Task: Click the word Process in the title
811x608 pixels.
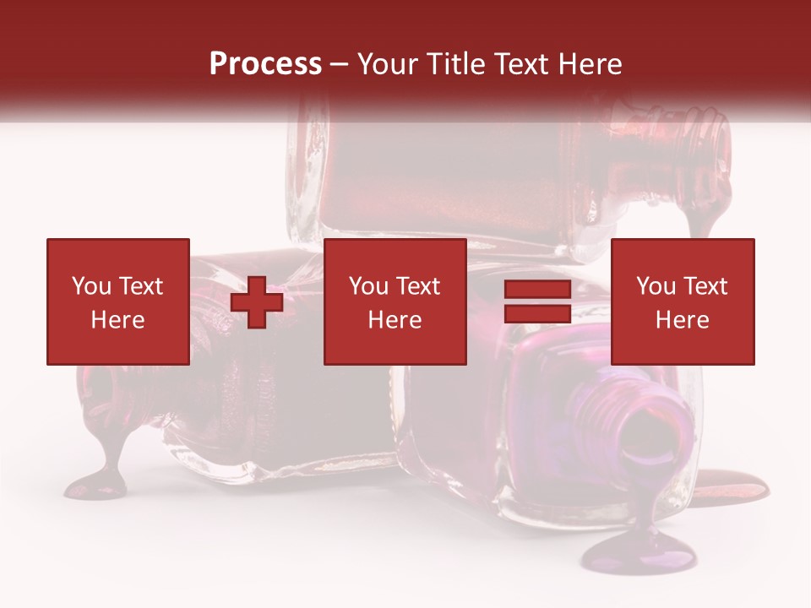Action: pos(265,64)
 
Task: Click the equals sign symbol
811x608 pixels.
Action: pos(537,302)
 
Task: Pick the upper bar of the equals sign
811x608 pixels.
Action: pos(537,290)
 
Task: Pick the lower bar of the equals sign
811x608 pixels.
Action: pos(537,314)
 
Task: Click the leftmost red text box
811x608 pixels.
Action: pos(117,301)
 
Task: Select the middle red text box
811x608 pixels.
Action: pos(395,301)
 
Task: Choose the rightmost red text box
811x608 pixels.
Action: pos(682,301)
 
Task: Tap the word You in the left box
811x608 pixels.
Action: pos(92,286)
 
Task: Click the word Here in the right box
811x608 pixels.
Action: pos(682,320)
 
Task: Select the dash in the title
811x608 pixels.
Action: pos(339,64)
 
